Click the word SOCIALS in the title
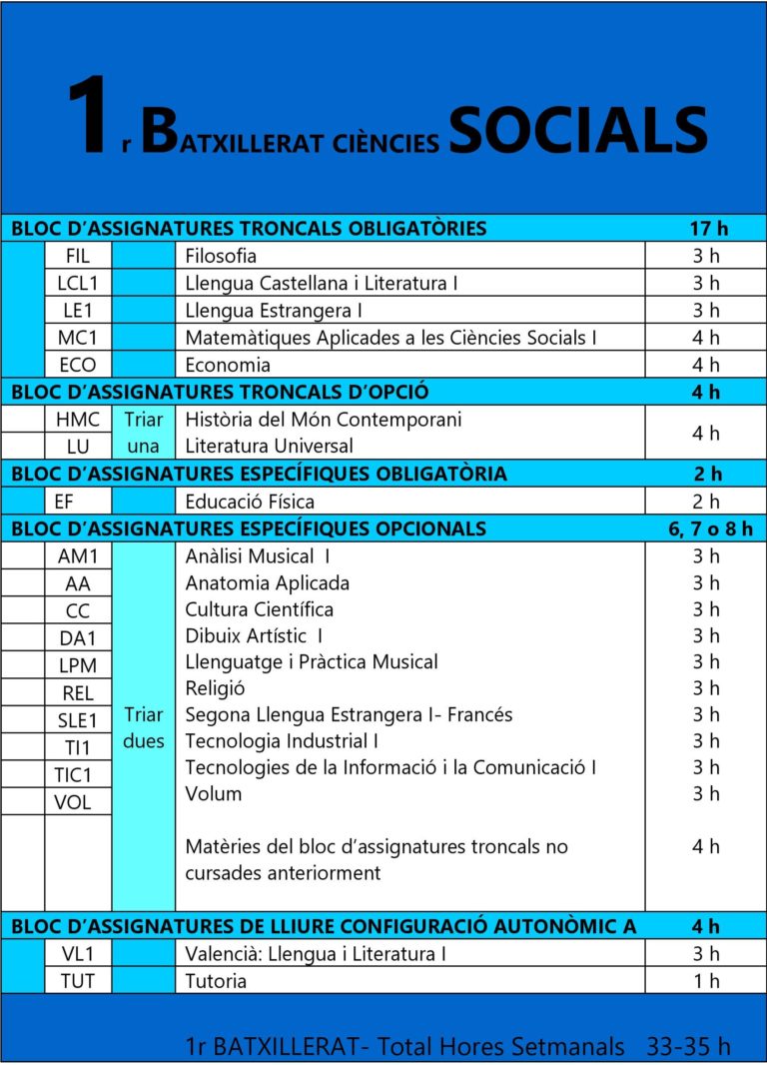[x=578, y=129]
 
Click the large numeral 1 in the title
[x=88, y=121]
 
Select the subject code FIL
[x=78, y=256]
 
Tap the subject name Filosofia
[x=221, y=256]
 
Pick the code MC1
[x=78, y=338]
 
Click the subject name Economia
[x=228, y=365]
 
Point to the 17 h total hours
[x=708, y=229]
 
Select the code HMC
[x=78, y=420]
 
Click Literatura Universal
[x=269, y=446]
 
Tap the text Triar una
[x=144, y=433]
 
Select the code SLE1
[x=78, y=719]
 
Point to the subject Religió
[x=215, y=687]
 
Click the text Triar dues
[x=144, y=728]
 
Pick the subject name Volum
[x=214, y=793]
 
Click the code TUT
[x=78, y=981]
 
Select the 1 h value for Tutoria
[x=706, y=981]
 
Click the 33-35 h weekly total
[x=689, y=1046]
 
